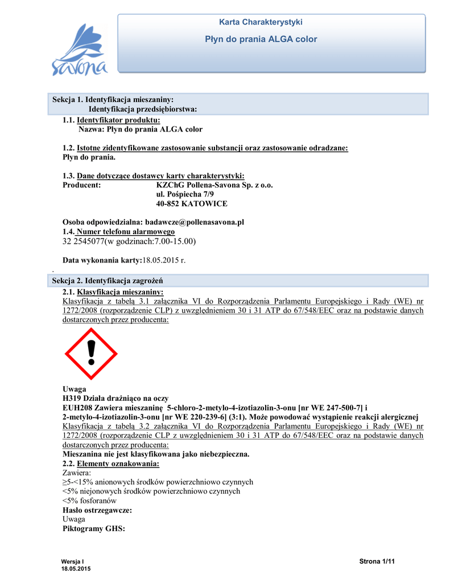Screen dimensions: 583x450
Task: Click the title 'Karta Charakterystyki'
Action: [x=261, y=22]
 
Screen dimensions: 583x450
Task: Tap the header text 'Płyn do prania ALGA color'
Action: [x=261, y=39]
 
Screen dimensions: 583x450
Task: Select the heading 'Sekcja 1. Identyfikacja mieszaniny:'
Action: [x=113, y=100]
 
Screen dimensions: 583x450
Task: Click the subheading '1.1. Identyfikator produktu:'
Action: [x=111, y=120]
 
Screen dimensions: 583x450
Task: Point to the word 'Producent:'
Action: [x=81, y=185]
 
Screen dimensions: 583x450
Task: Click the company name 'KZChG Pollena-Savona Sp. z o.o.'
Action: [x=214, y=185]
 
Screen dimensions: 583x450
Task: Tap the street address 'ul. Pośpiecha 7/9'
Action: [x=185, y=194]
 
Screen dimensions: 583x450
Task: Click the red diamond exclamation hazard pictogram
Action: [x=91, y=354]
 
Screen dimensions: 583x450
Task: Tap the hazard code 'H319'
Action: [x=72, y=398]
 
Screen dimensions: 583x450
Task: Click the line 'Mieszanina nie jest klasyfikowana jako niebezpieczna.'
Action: [x=155, y=454]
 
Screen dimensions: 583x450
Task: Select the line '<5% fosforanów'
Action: [x=85, y=500]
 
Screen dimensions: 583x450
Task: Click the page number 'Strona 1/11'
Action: [x=377, y=562]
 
